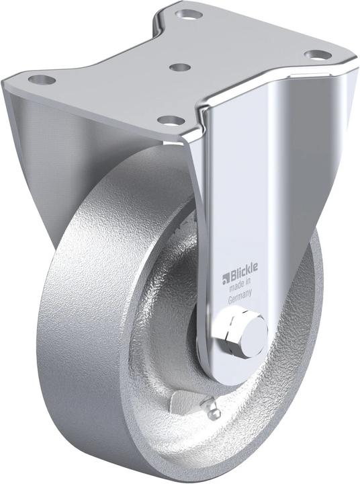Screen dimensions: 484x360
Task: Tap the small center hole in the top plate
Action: click(x=179, y=67)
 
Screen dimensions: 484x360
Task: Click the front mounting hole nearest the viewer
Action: click(x=172, y=121)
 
